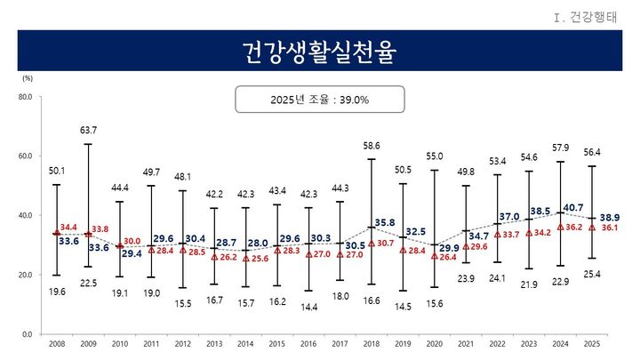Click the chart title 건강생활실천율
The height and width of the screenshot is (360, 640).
coord(320,52)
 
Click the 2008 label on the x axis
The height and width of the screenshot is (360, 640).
coord(56,342)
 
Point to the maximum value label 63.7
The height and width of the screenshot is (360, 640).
coord(88,131)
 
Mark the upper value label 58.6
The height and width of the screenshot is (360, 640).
coord(372,146)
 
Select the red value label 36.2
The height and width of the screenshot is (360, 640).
coord(576,227)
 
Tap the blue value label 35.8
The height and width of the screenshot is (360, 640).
coord(385,222)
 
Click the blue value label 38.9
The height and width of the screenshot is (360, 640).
coord(612,217)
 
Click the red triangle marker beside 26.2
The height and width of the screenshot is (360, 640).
coord(214,256)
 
